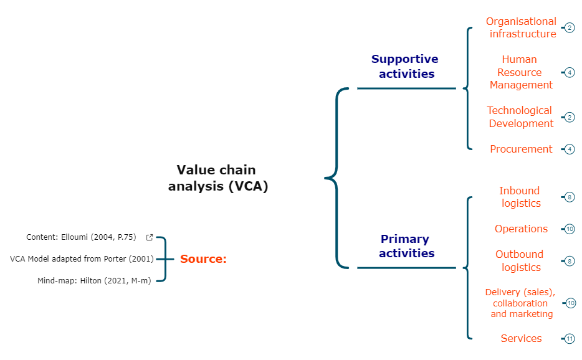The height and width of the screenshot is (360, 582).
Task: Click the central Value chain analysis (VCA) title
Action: [217, 178]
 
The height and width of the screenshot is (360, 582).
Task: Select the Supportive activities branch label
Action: [404, 66]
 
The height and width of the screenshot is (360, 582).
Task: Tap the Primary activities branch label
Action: [404, 246]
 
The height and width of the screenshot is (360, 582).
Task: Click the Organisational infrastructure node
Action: [521, 27]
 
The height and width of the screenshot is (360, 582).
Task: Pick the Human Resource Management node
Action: [520, 72]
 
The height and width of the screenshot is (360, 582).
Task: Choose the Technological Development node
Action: [520, 117]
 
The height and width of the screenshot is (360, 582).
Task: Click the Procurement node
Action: [521, 149]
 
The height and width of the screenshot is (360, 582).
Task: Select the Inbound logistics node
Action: [520, 197]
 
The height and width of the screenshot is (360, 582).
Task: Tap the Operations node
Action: [521, 229]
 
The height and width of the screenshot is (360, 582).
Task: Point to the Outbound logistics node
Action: [520, 261]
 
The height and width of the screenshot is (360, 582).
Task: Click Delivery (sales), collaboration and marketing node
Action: [520, 303]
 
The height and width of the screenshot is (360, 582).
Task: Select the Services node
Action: [521, 338]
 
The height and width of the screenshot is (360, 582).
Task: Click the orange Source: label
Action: [203, 259]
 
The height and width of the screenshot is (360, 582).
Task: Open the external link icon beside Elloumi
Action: [150, 237]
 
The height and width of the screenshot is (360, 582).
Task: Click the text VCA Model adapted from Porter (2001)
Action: [82, 258]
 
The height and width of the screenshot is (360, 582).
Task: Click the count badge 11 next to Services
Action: [570, 339]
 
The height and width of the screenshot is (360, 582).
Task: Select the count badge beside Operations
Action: [570, 229]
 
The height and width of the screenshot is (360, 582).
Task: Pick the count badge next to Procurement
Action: [570, 149]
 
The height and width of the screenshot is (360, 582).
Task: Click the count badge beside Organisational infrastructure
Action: [570, 28]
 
